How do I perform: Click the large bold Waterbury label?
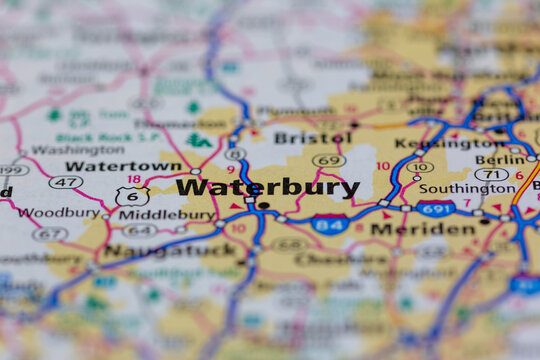pos(268,187)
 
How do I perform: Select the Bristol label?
pos(312,138)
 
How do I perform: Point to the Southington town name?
pos(468,188)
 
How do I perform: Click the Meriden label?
pos(409,229)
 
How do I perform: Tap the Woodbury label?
pos(58,213)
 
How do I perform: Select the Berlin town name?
pos(500,159)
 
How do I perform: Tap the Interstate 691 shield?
pos(435,208)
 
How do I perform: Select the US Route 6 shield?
pos(132,197)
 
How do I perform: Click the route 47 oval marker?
pos(65,182)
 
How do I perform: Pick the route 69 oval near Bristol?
pos(328,160)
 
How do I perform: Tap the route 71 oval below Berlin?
pos(490,174)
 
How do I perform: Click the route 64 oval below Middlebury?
pos(140,231)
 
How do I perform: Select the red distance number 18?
pos(133,179)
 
